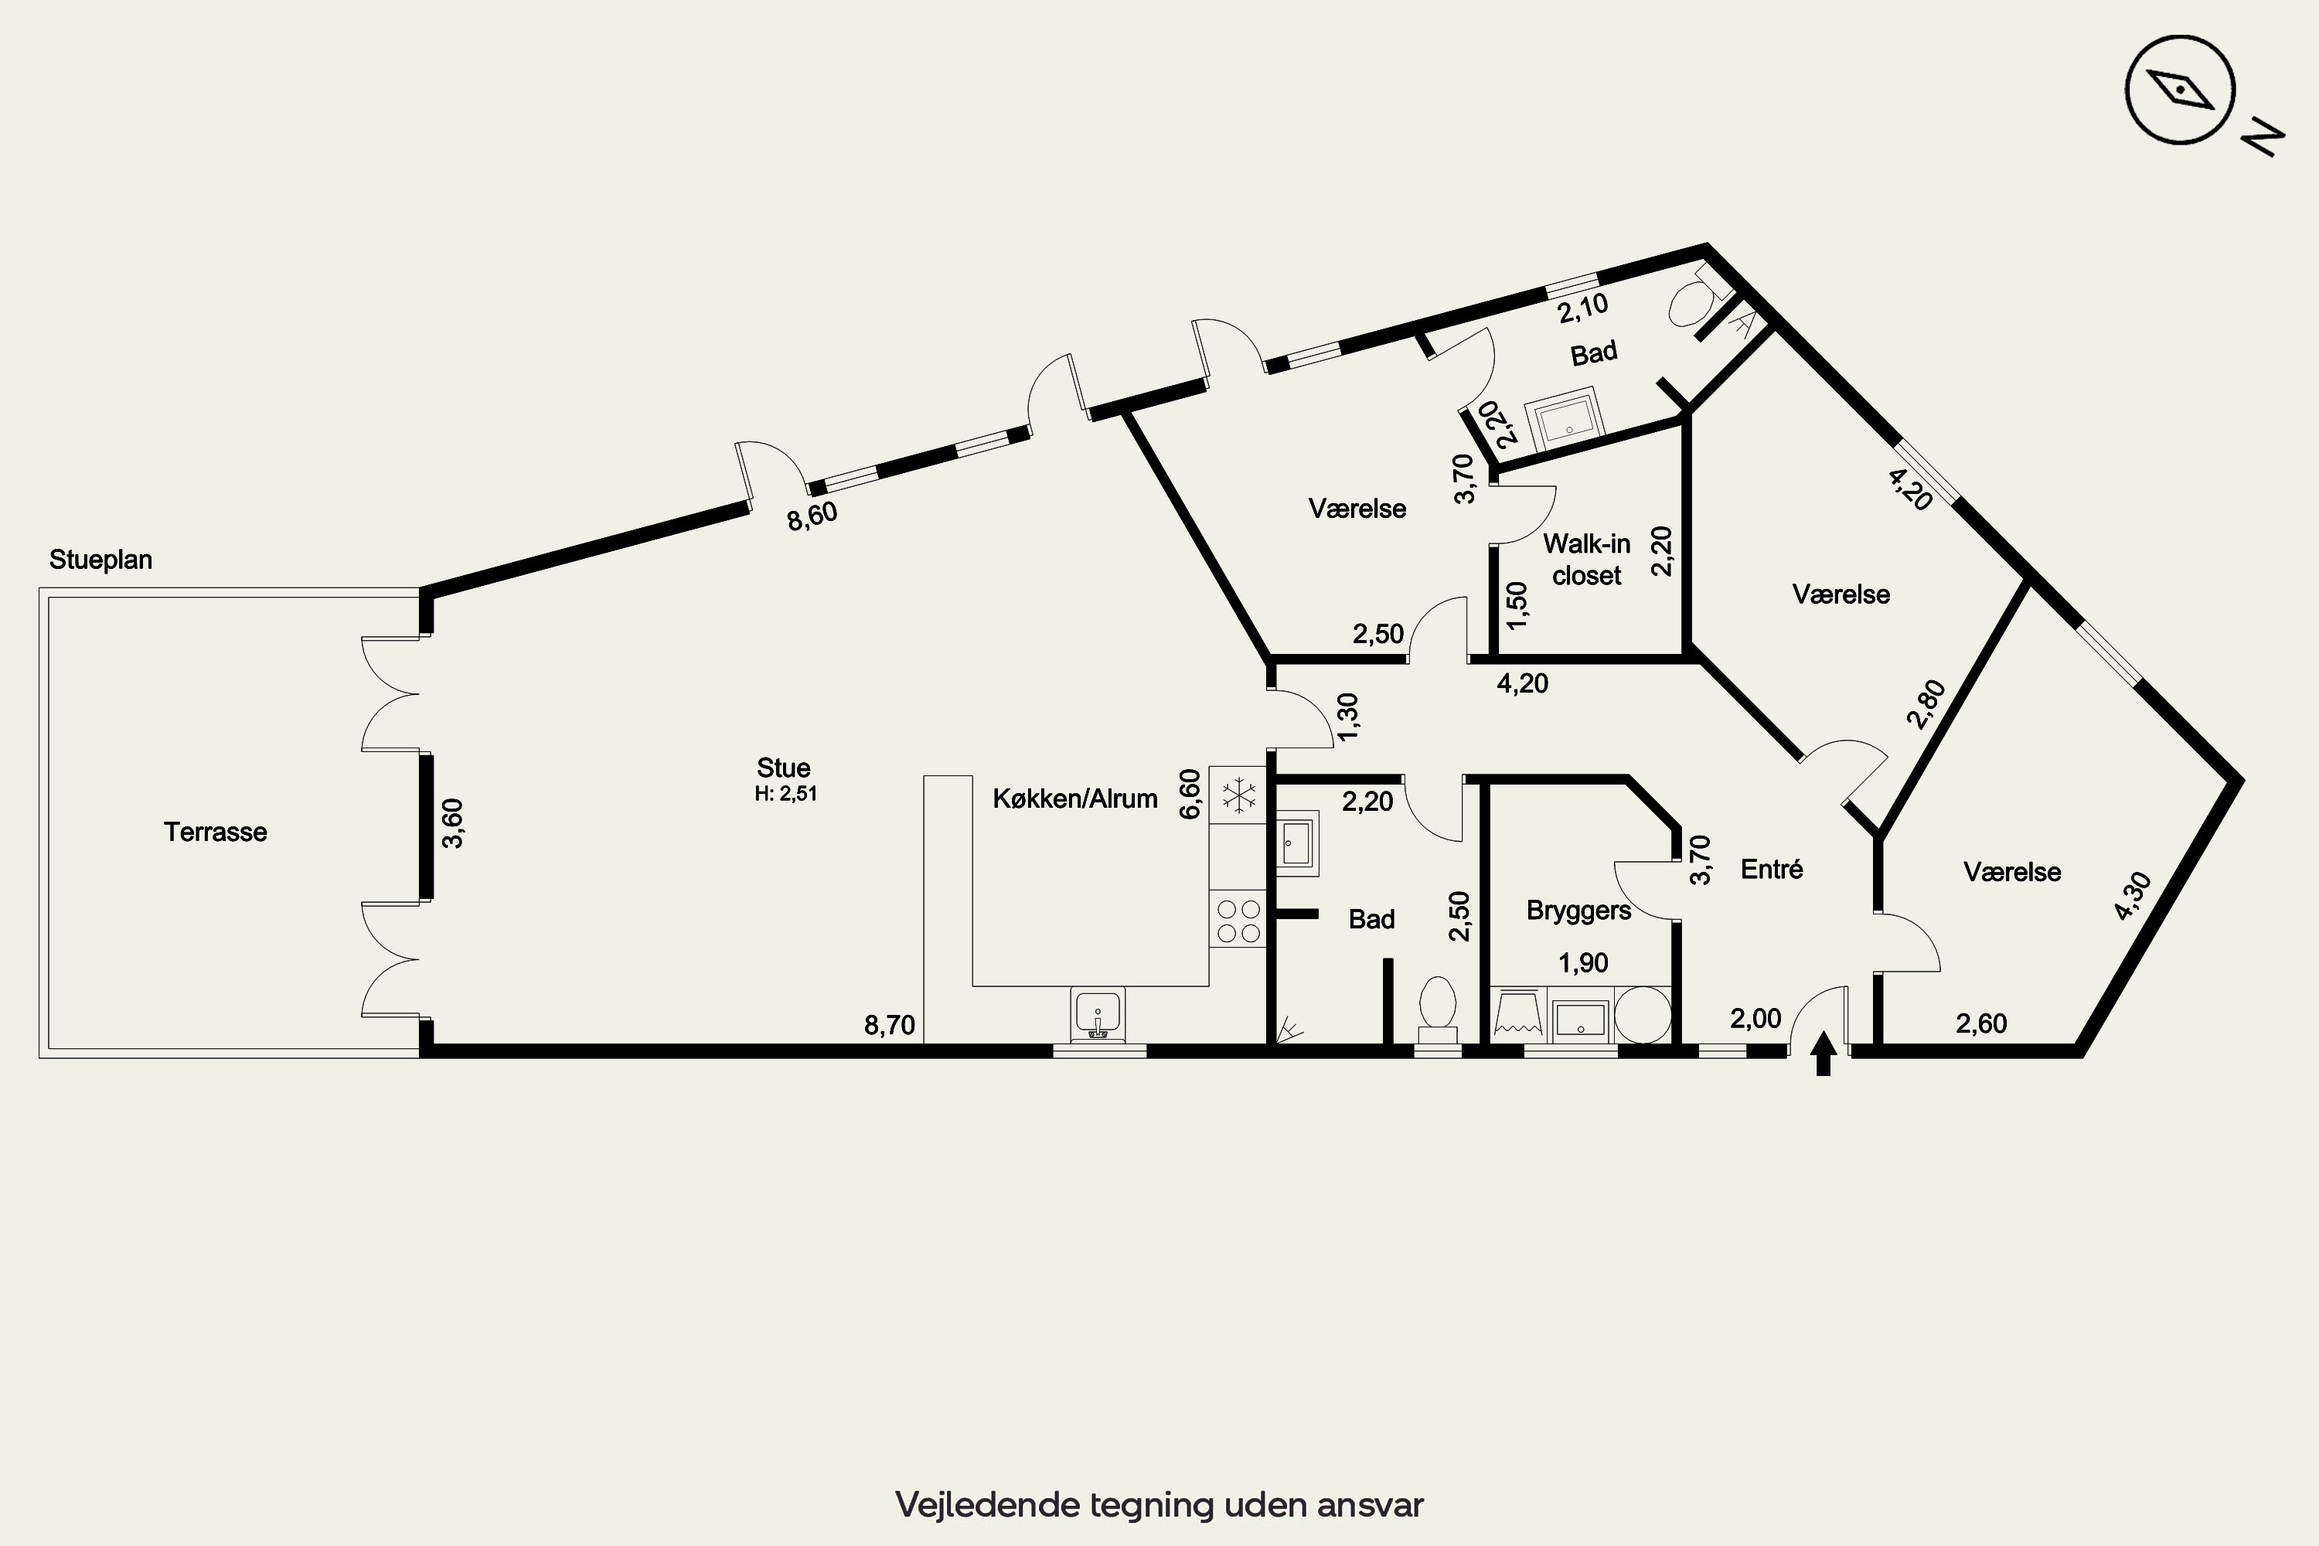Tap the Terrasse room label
pyautogui.click(x=215, y=833)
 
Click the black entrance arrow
pyautogui.click(x=1823, y=1053)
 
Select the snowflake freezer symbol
pyautogui.click(x=1238, y=795)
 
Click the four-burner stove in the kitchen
pyautogui.click(x=1238, y=920)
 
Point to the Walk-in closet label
pyautogui.click(x=1586, y=559)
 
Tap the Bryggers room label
pyautogui.click(x=1578, y=910)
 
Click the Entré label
pyautogui.click(x=1772, y=869)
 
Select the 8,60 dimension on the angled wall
pyautogui.click(x=812, y=516)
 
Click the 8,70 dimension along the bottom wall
pyautogui.click(x=890, y=1026)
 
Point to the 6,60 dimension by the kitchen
pyautogui.click(x=1190, y=794)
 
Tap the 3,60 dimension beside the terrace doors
pyautogui.click(x=452, y=823)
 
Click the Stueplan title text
pyautogui.click(x=100, y=560)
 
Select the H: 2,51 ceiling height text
pyautogui.click(x=786, y=794)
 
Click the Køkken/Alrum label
pyautogui.click(x=1074, y=799)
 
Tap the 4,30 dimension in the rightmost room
pyautogui.click(x=2132, y=896)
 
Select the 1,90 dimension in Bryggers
pyautogui.click(x=1583, y=962)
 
